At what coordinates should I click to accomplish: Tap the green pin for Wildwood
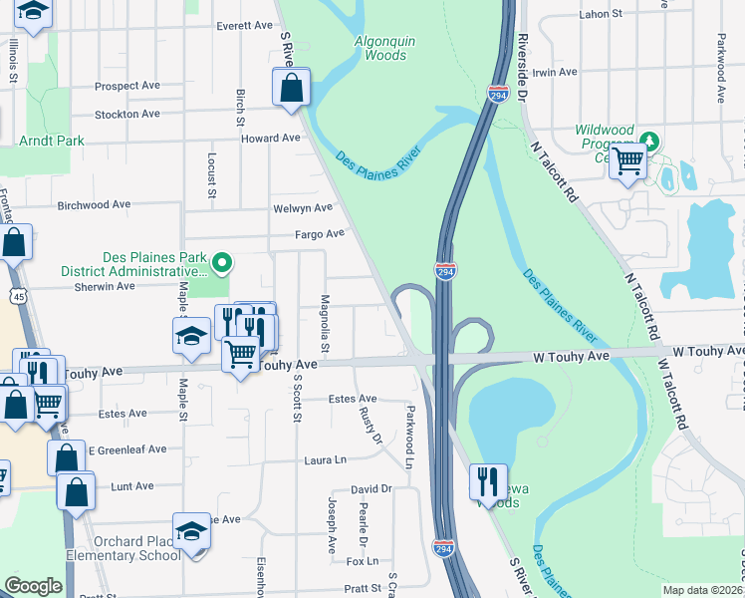649,140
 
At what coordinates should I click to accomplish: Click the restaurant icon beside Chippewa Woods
488,482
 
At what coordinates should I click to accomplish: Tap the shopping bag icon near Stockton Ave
291,88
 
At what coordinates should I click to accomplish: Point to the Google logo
33,586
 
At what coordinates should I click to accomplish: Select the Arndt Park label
52,141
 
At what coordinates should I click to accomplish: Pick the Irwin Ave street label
555,73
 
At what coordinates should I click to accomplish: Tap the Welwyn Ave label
302,208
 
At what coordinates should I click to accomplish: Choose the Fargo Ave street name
319,234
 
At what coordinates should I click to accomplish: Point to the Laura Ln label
326,460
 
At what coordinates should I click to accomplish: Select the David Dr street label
371,489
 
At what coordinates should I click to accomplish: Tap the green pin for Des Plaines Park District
223,263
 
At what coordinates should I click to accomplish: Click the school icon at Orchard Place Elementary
191,532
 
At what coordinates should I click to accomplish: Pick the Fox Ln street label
362,561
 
